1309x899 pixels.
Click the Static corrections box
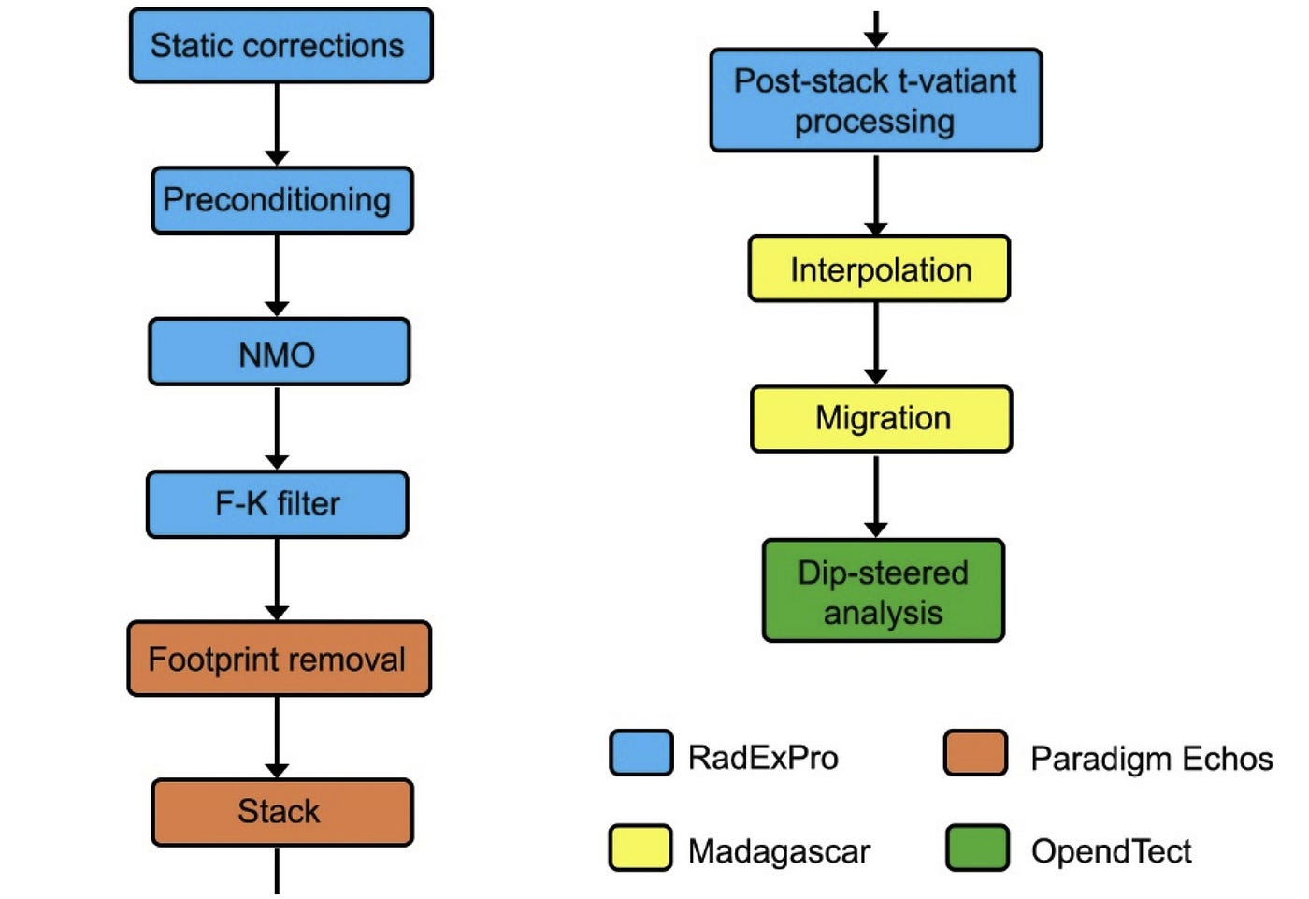click(x=281, y=46)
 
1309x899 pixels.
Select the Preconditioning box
click(x=282, y=200)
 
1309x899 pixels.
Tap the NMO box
click(x=280, y=352)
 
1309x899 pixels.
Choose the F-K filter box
click(x=278, y=504)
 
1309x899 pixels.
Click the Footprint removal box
click(x=280, y=659)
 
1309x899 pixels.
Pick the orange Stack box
click(x=282, y=813)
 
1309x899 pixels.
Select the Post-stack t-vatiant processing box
click(x=876, y=100)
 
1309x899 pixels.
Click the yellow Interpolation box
click(x=880, y=268)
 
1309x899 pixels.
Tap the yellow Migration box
click(x=882, y=419)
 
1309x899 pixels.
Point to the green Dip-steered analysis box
click(x=884, y=590)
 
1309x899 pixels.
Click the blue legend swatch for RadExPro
click(x=641, y=753)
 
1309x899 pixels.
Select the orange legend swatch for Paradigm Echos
click(x=976, y=753)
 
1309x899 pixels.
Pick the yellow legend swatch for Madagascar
click(x=640, y=848)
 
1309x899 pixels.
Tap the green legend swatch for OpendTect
click(x=978, y=848)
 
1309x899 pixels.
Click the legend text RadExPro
click(x=763, y=758)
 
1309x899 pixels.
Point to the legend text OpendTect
click(x=1112, y=851)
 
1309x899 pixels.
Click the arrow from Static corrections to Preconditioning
click(x=277, y=124)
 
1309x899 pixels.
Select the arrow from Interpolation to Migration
click(x=875, y=343)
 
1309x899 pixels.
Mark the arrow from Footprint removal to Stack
click(x=277, y=737)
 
